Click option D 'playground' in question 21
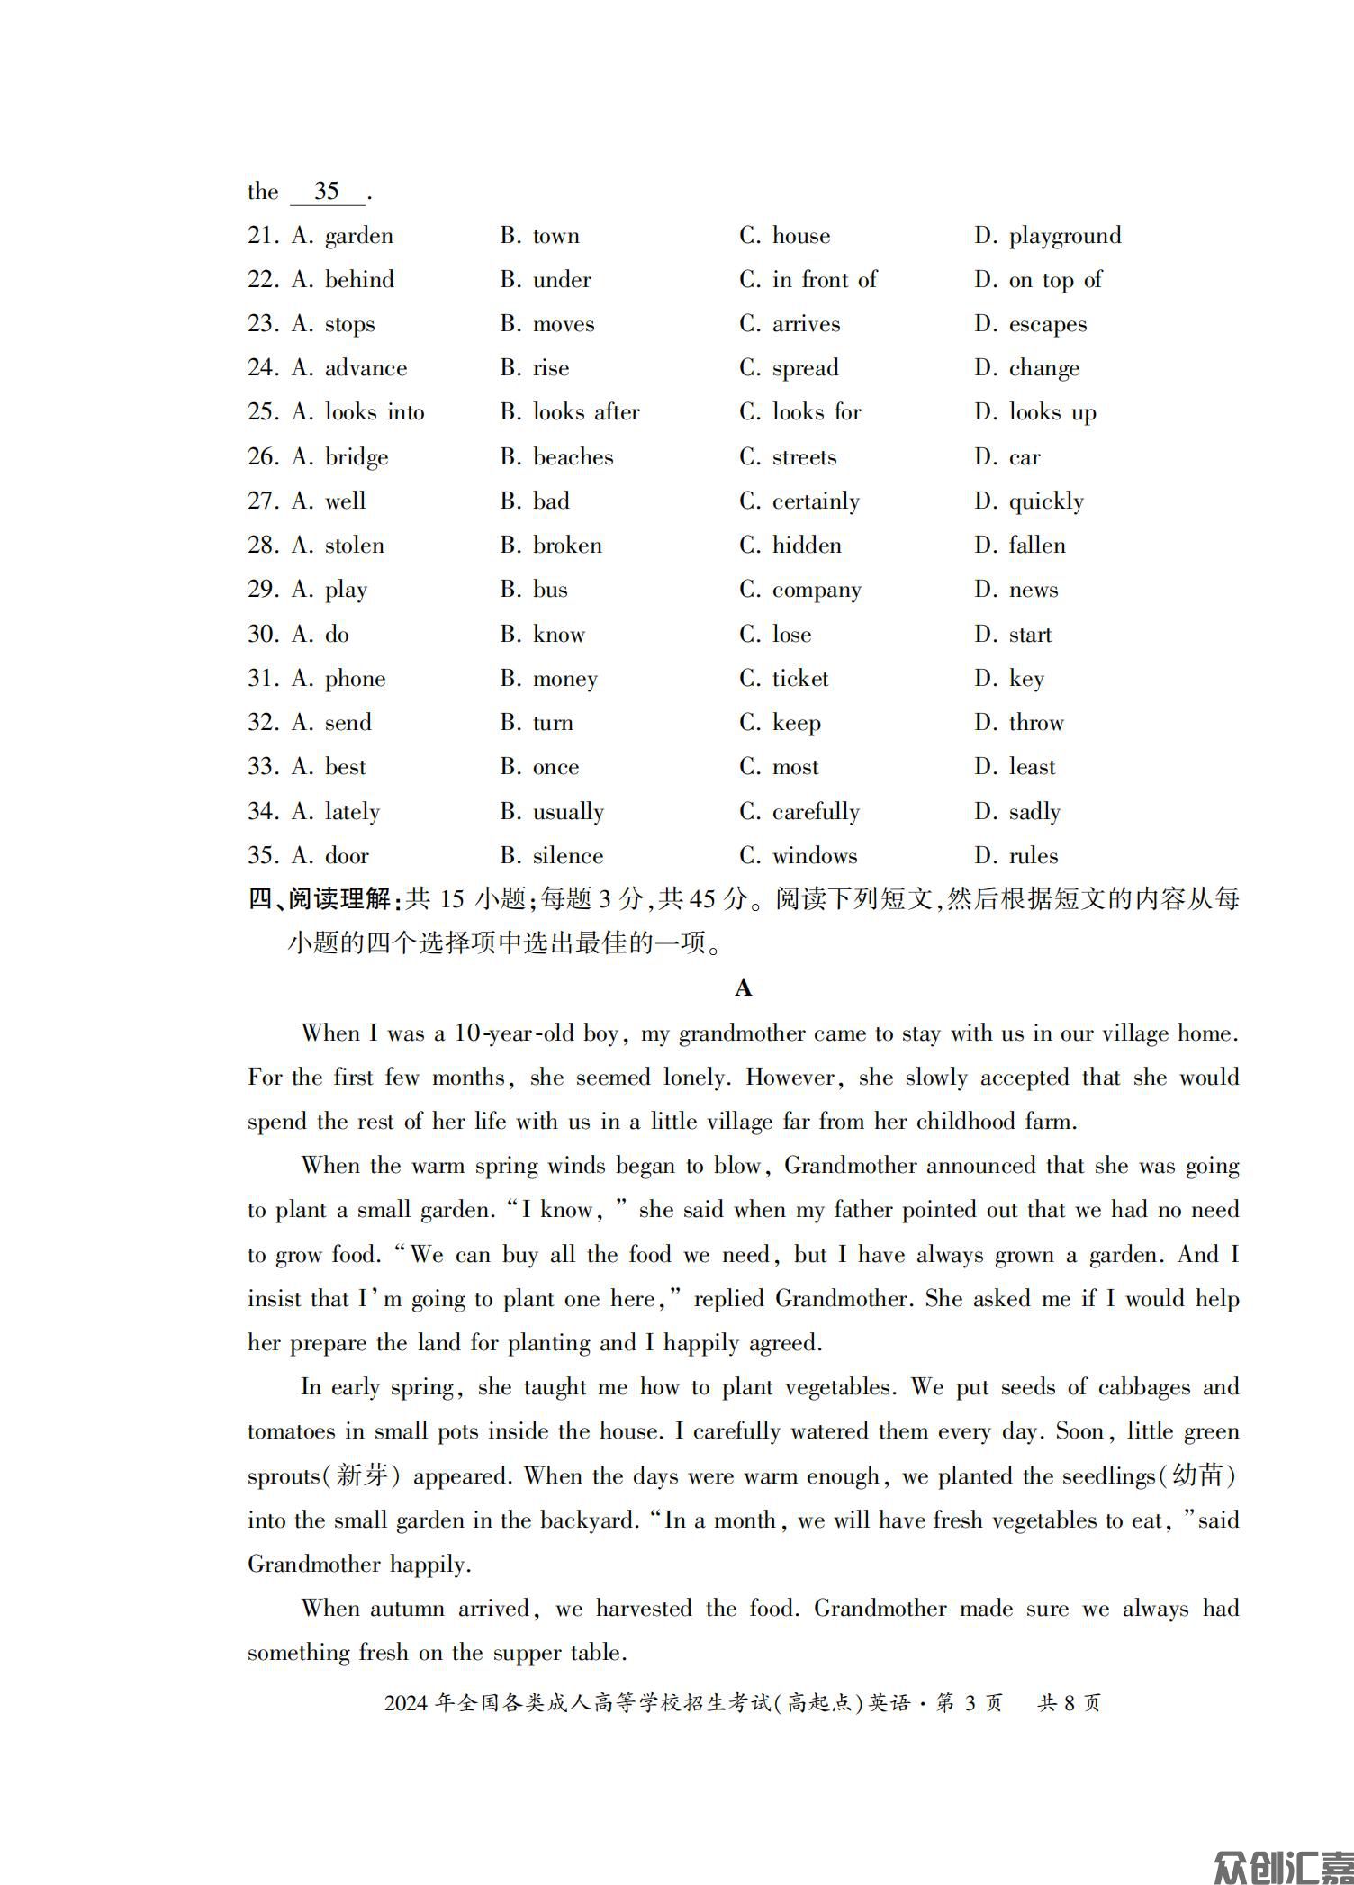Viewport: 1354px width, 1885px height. click(x=1064, y=236)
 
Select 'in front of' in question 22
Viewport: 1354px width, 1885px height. click(x=824, y=280)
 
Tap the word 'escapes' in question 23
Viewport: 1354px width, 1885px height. click(x=1047, y=324)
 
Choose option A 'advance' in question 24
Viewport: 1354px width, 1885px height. click(x=366, y=368)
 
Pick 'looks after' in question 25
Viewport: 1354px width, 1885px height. click(x=586, y=412)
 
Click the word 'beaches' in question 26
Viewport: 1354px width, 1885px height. click(x=573, y=457)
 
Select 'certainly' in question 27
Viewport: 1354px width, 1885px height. click(x=816, y=501)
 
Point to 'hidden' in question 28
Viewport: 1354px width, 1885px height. click(x=807, y=546)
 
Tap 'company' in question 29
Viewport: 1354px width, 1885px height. click(x=817, y=590)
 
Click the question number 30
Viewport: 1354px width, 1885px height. click(x=262, y=634)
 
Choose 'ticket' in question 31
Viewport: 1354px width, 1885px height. click(x=800, y=679)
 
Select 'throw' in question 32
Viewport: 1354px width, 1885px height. click(x=1035, y=723)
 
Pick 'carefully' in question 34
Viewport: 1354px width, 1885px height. click(x=816, y=812)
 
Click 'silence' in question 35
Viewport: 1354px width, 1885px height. click(x=568, y=856)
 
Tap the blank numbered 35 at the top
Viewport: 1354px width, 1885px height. click(x=327, y=191)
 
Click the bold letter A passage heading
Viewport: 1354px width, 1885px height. click(x=743, y=988)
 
